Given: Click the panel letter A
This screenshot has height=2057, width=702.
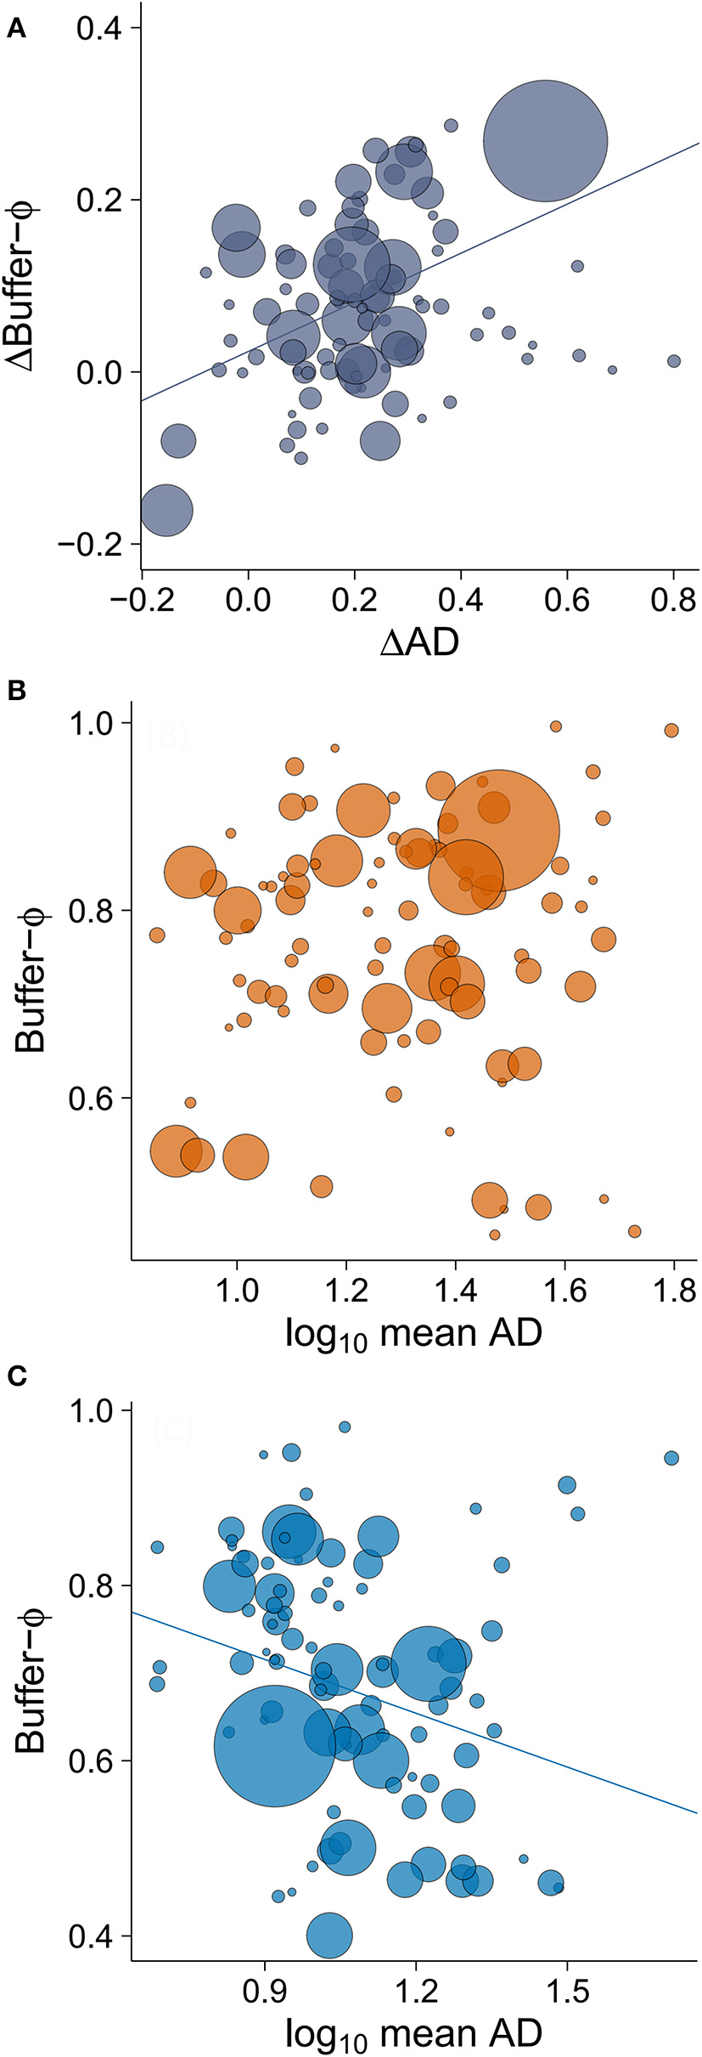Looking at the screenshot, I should [16, 31].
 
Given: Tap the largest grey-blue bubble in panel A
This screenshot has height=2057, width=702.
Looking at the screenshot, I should [545, 141].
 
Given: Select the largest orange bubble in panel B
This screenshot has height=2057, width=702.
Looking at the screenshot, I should [499, 830].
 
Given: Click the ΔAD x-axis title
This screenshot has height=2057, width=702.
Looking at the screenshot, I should [418, 642].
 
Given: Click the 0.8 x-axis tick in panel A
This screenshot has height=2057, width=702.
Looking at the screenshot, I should [674, 600].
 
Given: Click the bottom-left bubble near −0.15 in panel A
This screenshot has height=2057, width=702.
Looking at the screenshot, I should [166, 511].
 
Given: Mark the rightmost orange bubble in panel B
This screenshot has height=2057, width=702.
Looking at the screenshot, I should [671, 731].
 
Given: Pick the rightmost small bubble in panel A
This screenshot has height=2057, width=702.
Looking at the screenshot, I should [674, 361].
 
